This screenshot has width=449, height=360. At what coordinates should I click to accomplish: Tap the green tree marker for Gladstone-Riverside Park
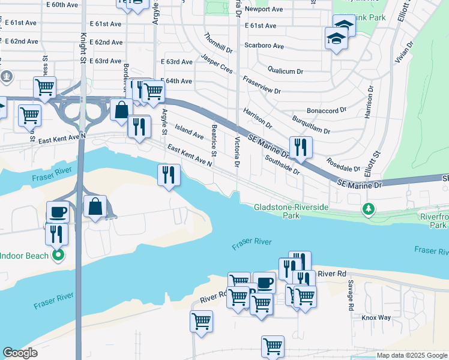tap(368, 209)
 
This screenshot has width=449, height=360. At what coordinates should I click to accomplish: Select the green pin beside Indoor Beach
tap(58, 256)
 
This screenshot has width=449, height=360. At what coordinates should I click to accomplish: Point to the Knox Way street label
tap(376, 317)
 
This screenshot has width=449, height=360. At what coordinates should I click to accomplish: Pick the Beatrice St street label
tap(214, 139)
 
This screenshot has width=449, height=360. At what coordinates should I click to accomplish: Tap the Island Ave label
tap(189, 130)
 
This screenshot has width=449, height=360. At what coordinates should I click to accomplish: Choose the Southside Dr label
tap(282, 164)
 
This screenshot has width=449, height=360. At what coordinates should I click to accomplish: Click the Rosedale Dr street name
tap(343, 164)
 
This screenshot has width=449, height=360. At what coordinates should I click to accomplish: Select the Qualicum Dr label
tap(285, 71)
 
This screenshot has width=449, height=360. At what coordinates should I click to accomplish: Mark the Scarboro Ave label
tap(264, 46)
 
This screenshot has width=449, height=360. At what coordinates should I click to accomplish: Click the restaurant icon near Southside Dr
tap(300, 146)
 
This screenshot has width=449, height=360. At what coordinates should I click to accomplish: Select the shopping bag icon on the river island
tap(95, 206)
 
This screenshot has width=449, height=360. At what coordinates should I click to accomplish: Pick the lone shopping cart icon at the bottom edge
tap(273, 346)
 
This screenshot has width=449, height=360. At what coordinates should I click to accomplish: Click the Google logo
tap(20, 353)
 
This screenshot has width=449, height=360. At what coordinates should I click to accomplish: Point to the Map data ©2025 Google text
tap(412, 355)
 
